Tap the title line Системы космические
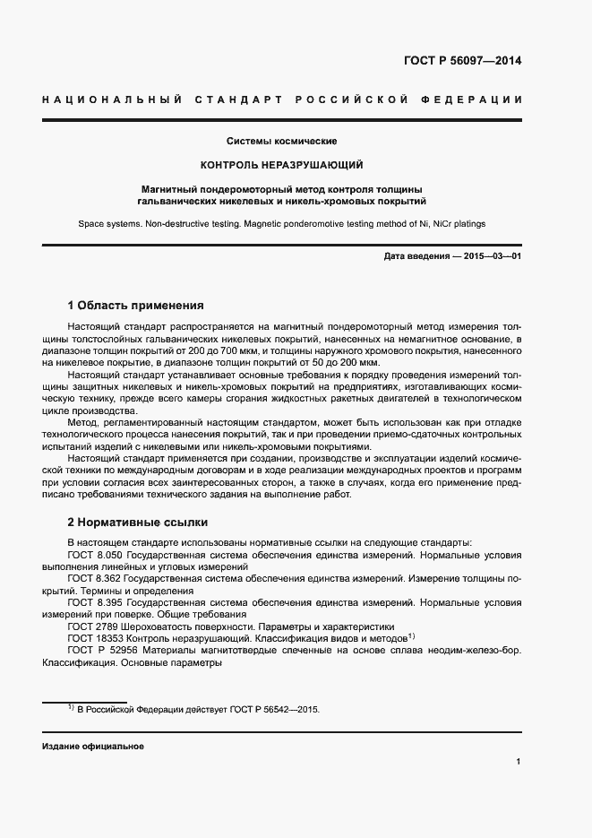pyautogui.click(x=281, y=142)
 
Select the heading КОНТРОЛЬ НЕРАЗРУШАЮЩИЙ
pyautogui.click(x=281, y=166)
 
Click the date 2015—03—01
pyautogui.click(x=493, y=257)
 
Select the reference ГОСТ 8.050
pyautogui.click(x=94, y=556)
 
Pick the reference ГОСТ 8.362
pyautogui.click(x=94, y=579)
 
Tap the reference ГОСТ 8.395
pyautogui.click(x=94, y=602)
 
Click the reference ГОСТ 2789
pyautogui.click(x=91, y=626)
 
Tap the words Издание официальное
pyautogui.click(x=92, y=746)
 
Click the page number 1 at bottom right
pyautogui.click(x=519, y=762)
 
